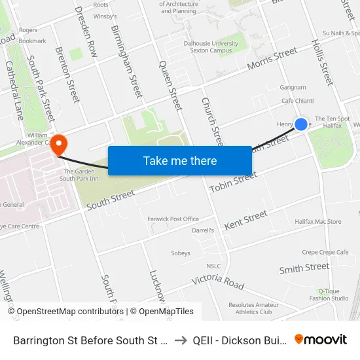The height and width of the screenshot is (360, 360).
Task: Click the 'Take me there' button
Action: [180, 160]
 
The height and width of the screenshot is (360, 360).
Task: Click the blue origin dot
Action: [301, 124]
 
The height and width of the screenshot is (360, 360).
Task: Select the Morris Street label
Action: [272, 59]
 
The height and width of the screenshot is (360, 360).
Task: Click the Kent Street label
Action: [245, 220]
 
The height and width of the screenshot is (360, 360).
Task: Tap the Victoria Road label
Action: [218, 282]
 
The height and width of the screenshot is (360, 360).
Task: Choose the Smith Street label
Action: [304, 268]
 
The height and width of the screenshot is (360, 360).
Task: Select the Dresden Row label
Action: [86, 31]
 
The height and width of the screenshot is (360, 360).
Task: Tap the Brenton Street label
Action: [67, 74]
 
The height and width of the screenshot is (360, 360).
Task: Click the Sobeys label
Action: [180, 253]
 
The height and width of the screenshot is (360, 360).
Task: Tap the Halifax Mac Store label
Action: [317, 222]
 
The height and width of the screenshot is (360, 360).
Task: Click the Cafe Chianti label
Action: [298, 101]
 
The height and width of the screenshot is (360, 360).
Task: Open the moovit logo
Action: [321, 339]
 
